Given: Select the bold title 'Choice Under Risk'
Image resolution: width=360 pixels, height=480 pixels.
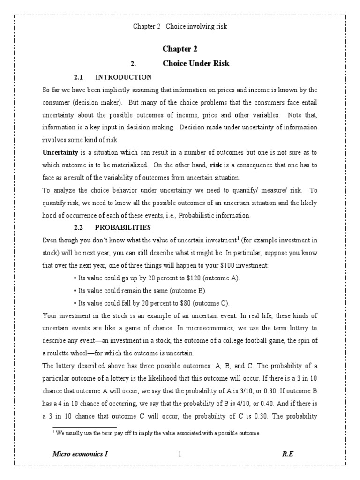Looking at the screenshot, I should (x=196, y=63).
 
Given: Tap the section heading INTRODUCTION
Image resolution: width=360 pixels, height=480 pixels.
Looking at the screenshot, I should (x=123, y=77).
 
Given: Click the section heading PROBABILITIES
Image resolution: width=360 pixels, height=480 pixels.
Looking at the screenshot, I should (x=123, y=227).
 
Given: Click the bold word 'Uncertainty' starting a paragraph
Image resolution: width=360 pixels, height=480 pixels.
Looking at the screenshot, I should (x=60, y=152).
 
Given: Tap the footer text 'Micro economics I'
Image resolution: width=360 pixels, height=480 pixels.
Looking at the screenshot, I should (x=82, y=454).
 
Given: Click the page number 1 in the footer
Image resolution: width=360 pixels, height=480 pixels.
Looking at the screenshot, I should (x=180, y=454).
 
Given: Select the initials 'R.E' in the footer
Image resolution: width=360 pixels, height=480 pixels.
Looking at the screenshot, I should (x=287, y=454).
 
